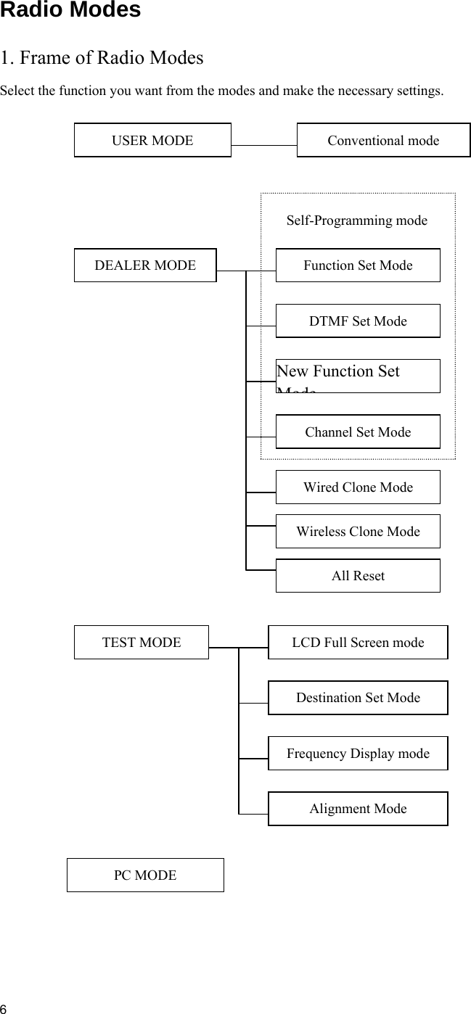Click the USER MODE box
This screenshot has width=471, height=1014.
click(x=152, y=140)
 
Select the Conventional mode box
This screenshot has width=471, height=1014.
click(x=383, y=140)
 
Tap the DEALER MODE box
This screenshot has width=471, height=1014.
click(x=145, y=265)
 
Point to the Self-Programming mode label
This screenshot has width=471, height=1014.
click(x=356, y=220)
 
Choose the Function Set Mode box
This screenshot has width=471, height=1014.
click(x=358, y=265)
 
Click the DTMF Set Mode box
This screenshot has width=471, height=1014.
click(x=358, y=321)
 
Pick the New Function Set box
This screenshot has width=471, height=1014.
click(x=358, y=376)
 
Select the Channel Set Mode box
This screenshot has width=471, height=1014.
click(x=358, y=432)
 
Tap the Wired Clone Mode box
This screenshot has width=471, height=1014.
click(x=358, y=487)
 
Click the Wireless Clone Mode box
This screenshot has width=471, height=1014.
click(x=358, y=531)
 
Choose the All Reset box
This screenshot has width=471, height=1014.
click(x=358, y=575)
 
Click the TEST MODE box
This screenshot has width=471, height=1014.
click(x=142, y=642)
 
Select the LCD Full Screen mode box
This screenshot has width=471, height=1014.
click(x=358, y=642)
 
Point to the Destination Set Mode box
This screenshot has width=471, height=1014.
click(x=358, y=697)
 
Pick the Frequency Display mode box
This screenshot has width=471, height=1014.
click(x=358, y=753)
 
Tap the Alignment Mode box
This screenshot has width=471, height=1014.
click(x=358, y=808)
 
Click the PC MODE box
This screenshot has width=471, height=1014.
click(x=145, y=875)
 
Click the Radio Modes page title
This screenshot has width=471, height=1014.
click(x=70, y=10)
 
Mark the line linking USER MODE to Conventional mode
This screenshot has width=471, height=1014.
click(x=264, y=145)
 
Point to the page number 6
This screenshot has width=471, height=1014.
click(x=4, y=1008)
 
